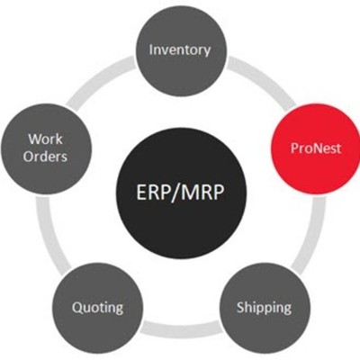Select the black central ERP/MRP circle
coord(180,192)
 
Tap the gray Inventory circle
coord(180,49)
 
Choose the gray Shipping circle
coord(264,307)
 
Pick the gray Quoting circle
coord(98,307)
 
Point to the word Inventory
coord(180,49)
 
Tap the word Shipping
coord(264,307)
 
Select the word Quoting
coord(98,307)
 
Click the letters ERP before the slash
coord(154,193)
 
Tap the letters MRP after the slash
coord(206,193)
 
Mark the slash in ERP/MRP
coord(177,193)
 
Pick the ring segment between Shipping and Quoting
coord(180,325)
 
